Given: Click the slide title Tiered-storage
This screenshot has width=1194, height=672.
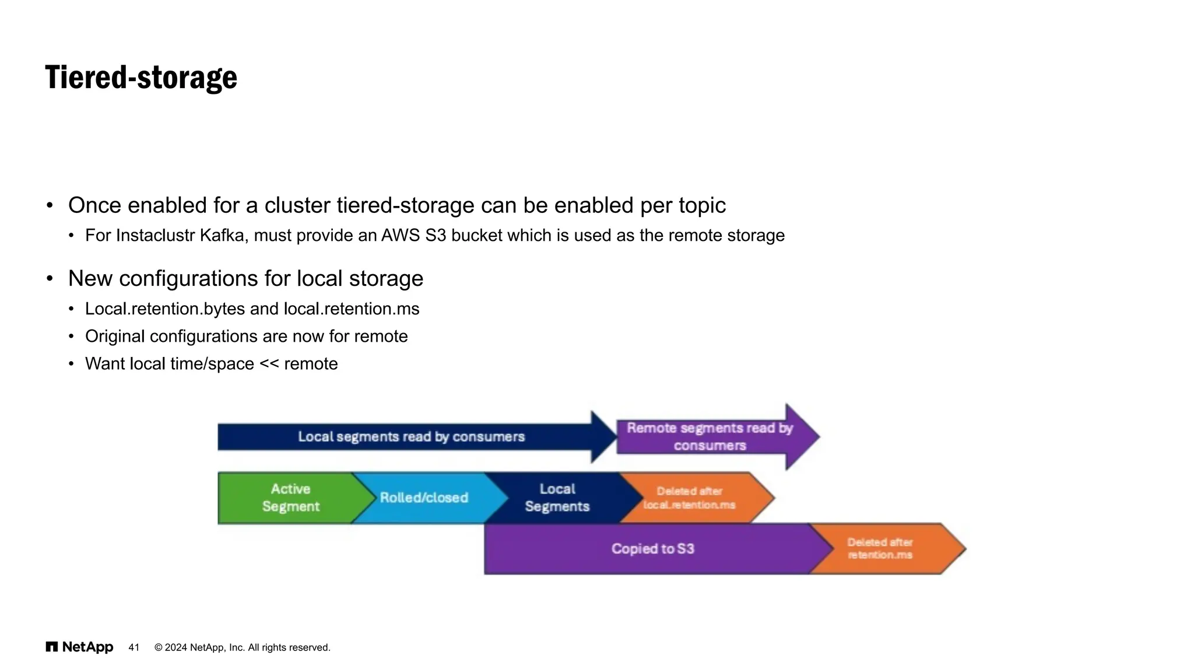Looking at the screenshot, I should tap(141, 78).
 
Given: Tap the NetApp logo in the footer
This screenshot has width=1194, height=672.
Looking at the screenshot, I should tap(79, 647).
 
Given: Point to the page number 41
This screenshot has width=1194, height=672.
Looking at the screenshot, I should tap(134, 647).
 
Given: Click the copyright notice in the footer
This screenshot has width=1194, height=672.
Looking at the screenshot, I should tap(242, 647).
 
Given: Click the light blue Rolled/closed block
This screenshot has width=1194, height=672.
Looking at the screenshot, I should tap(424, 498).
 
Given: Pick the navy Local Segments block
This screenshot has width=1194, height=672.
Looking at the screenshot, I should tap(557, 498).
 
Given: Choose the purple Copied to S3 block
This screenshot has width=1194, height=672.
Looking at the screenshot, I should tap(652, 549).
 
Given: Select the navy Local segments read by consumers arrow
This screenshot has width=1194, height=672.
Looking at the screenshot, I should tap(411, 437).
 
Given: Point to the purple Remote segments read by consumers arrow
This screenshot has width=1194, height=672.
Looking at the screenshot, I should tap(710, 437).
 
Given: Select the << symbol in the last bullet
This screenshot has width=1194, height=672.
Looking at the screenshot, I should tap(269, 363).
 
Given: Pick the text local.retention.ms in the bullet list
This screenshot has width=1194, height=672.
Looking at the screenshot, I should tap(352, 309).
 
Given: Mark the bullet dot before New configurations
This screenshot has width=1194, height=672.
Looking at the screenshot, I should tap(50, 278).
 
